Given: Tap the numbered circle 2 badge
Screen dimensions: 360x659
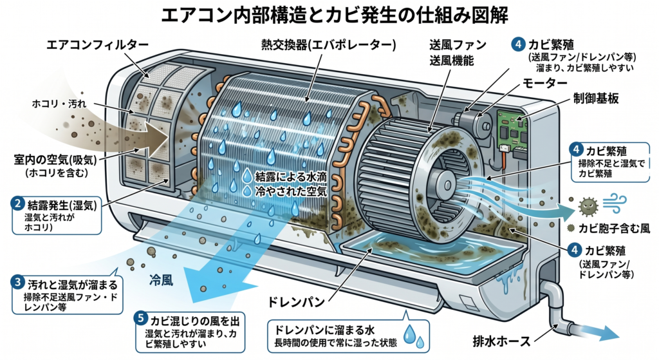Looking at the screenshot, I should [19, 205].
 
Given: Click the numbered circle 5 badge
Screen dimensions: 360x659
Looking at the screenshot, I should [142, 319].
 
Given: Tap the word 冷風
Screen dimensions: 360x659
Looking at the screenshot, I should [164, 281].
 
